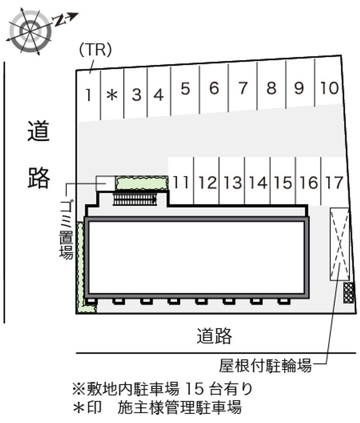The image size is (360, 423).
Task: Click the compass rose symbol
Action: pos(30,31)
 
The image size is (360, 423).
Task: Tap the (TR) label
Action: pos(94,50)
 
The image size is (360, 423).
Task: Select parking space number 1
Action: pos(90,94)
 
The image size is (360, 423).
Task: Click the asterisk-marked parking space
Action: pos(112,94)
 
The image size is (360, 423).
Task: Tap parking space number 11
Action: pos(181,182)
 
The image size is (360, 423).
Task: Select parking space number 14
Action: pos(258,182)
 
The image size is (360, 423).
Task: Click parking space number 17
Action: pos(334,182)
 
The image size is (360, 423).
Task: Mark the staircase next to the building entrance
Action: pos(135,199)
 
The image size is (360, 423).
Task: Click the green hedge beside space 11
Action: pos(142,183)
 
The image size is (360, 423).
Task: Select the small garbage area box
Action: pos(105,182)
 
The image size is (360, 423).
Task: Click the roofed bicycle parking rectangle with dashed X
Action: pos(339,244)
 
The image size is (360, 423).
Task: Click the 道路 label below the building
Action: pos(214,336)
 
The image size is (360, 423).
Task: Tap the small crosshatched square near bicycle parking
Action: pos(349,292)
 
